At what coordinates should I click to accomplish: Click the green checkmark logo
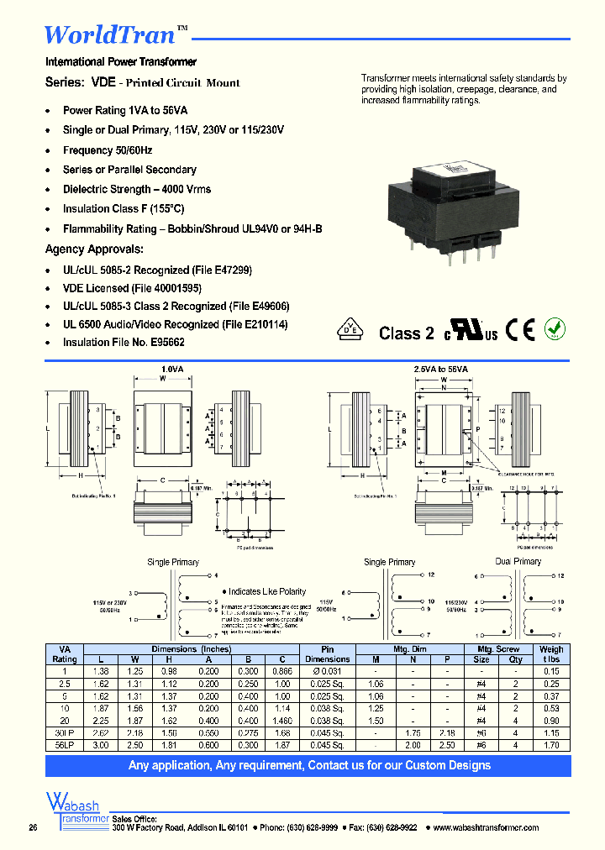[x=554, y=328]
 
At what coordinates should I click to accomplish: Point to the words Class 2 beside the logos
[x=406, y=333]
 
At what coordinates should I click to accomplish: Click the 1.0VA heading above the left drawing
[x=171, y=369]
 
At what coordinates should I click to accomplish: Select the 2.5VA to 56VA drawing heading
[x=441, y=369]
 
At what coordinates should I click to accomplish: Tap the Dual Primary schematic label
[x=518, y=561]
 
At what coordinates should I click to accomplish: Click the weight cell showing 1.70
[x=551, y=744]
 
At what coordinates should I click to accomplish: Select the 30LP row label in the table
[x=65, y=732]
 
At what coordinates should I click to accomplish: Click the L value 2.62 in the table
[x=101, y=732]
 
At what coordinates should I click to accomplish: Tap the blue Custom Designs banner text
[x=308, y=765]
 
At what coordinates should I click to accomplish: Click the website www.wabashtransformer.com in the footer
[x=487, y=827]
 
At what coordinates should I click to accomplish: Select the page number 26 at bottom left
[x=33, y=828]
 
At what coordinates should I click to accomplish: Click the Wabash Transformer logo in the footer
[x=75, y=810]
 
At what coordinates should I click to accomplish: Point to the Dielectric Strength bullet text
[x=137, y=189]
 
